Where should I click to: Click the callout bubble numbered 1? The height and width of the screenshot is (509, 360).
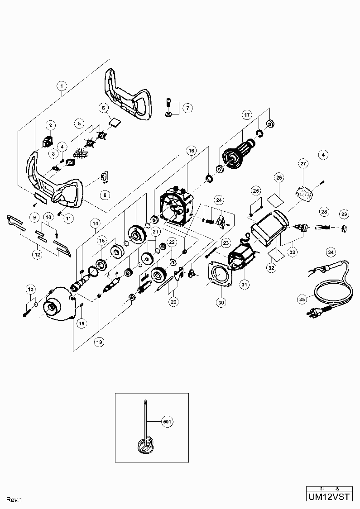[x=62, y=85]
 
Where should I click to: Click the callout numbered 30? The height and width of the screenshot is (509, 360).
[x=221, y=303]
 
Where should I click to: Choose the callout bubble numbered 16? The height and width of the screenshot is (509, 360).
[x=191, y=150]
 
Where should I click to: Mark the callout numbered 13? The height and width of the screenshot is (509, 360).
[x=30, y=289]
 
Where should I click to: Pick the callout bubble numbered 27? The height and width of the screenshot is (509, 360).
[x=303, y=163]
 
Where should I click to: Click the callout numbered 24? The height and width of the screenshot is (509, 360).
[x=219, y=199]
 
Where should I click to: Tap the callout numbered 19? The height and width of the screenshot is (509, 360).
[x=99, y=342]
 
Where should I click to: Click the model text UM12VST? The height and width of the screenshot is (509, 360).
[x=329, y=497]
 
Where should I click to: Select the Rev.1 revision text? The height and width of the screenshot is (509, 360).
[x=14, y=499]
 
